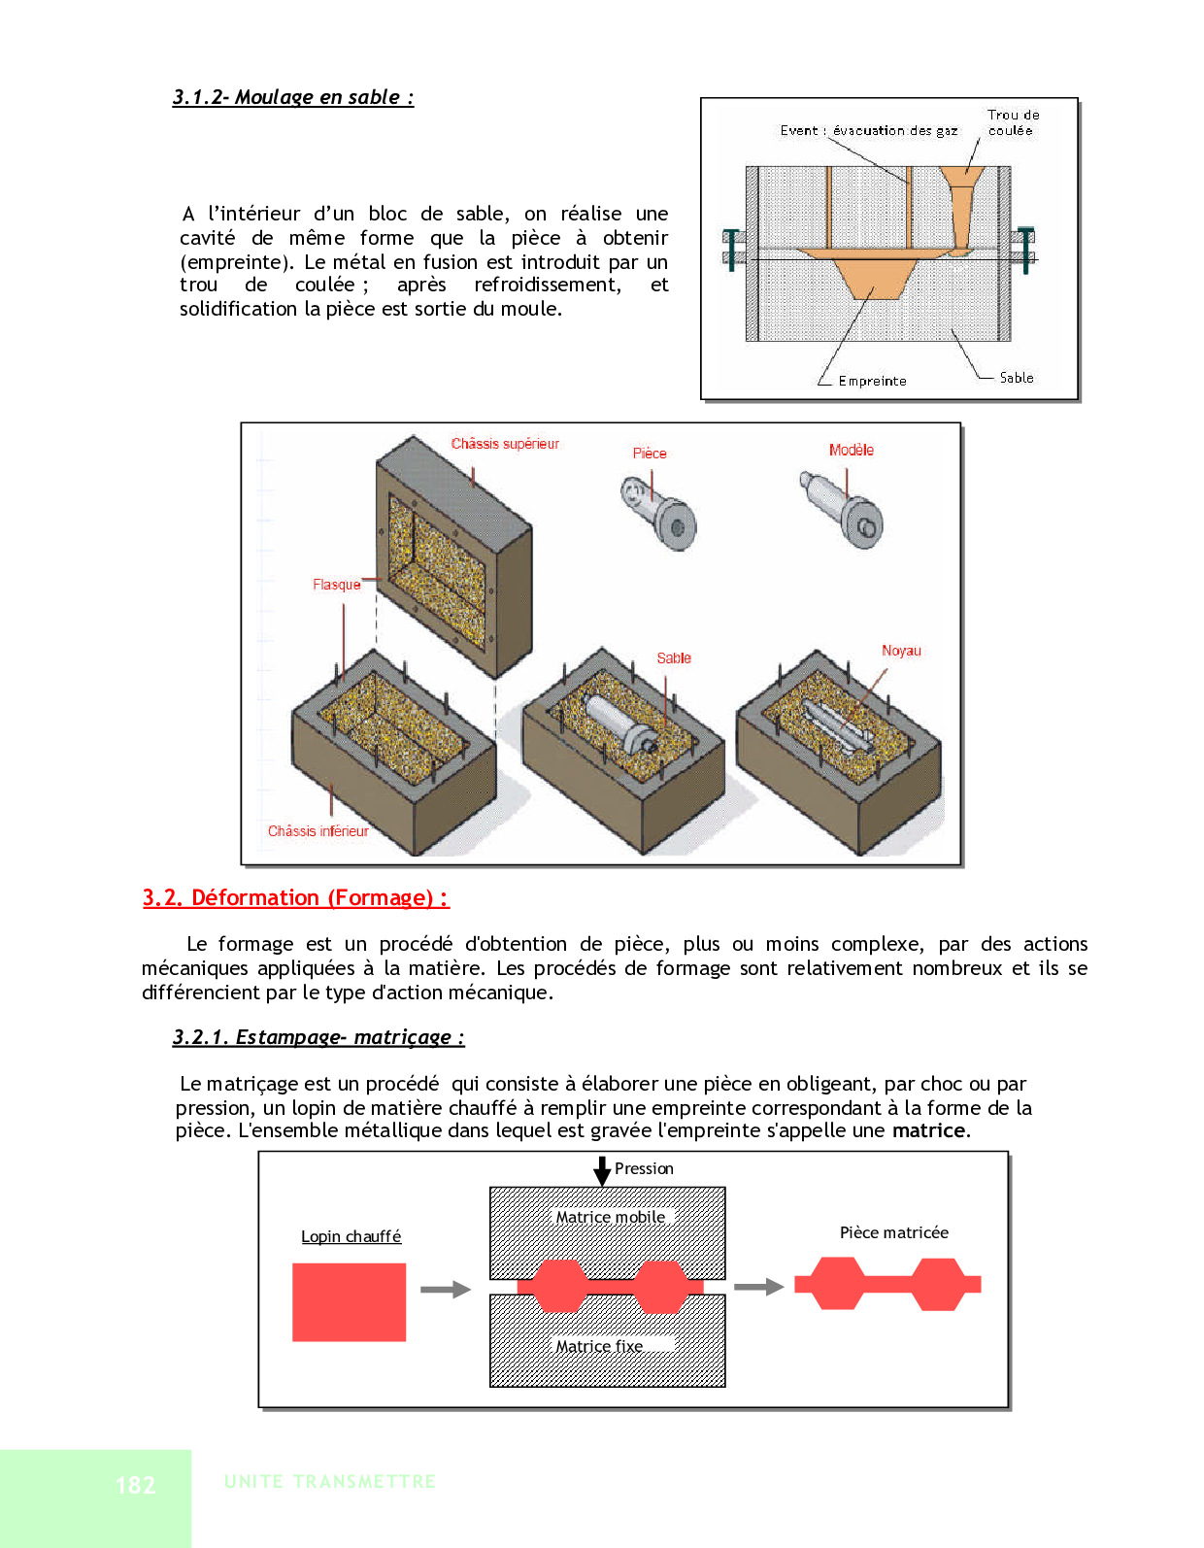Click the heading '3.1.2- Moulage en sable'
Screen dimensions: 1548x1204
[x=292, y=97]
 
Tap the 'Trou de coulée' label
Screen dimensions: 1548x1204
[x=1012, y=122]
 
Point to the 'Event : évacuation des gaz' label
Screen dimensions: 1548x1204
[x=868, y=130]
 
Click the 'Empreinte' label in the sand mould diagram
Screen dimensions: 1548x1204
[x=872, y=381]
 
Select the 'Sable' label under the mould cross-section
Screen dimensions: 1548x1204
[x=1016, y=378]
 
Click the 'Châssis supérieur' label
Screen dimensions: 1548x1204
[x=505, y=444]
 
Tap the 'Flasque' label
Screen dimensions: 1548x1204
[x=336, y=585]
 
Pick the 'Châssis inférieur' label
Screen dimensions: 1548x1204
[x=318, y=831]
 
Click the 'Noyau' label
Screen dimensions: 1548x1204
[x=901, y=651]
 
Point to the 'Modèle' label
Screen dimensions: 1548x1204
[x=851, y=450]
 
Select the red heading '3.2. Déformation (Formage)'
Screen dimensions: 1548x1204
[x=295, y=897]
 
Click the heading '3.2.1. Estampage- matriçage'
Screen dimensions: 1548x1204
[x=318, y=1037]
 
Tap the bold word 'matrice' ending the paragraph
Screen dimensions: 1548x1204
[x=929, y=1130]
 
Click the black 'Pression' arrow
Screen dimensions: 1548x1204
[x=602, y=1170]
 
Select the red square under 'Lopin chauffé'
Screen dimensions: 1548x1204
[x=349, y=1302]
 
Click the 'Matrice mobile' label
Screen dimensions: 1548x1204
[x=610, y=1217]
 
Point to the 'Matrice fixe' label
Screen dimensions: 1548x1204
[x=598, y=1346]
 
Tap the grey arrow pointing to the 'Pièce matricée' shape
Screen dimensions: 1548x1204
[x=758, y=1287]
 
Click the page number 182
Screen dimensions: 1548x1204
[x=135, y=1485]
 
